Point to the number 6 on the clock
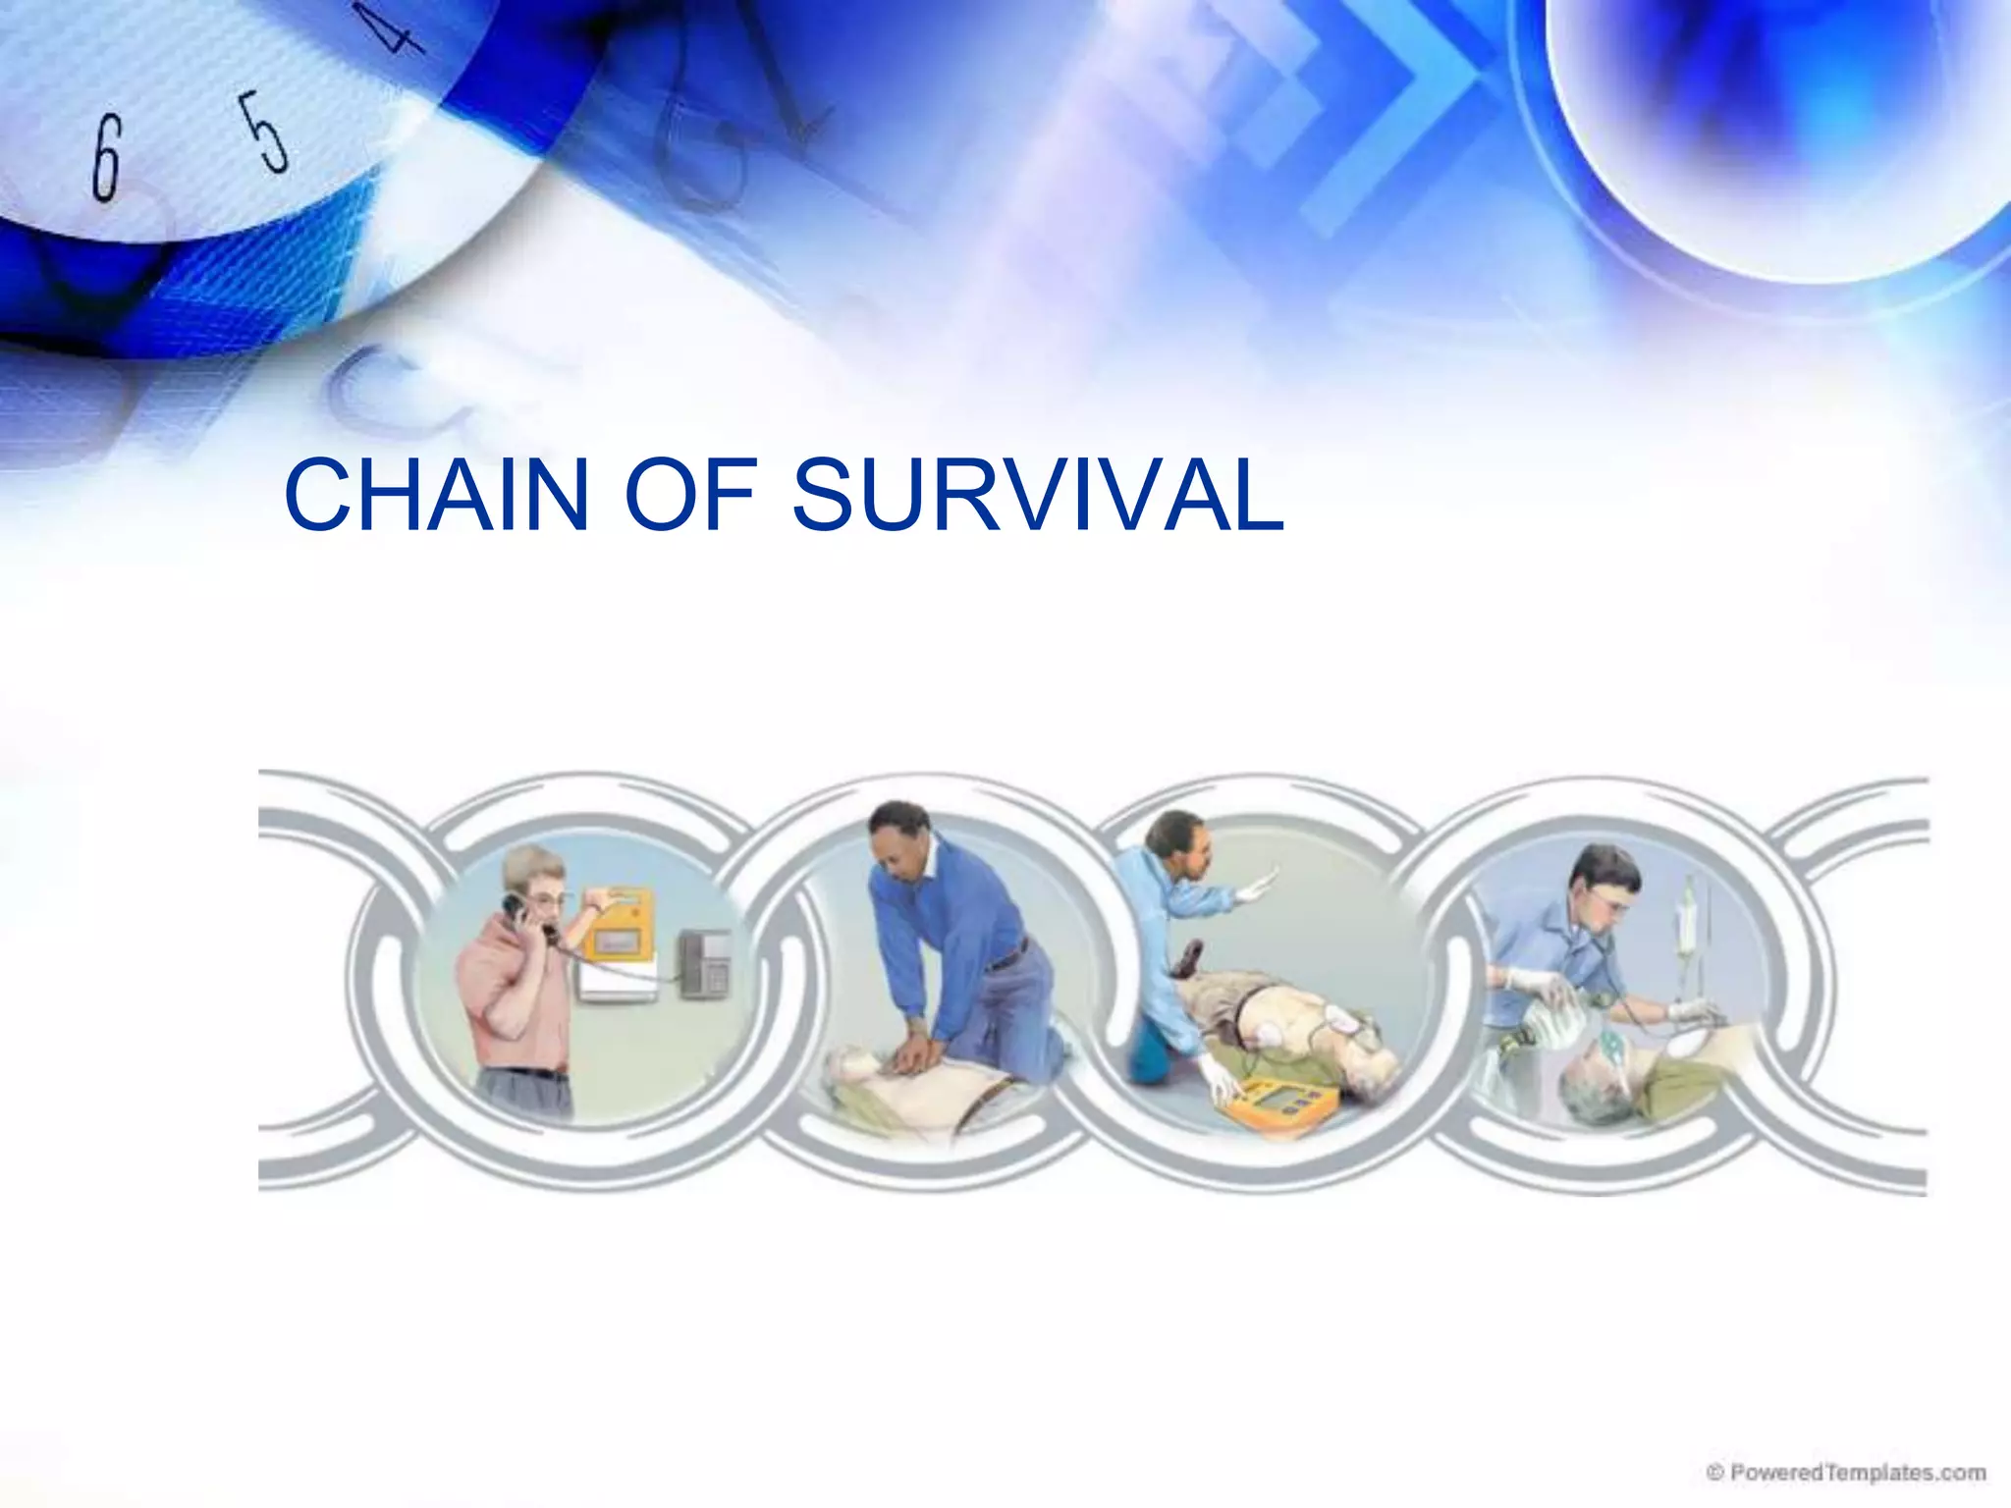107,157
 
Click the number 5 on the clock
266,132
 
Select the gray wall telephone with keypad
705,963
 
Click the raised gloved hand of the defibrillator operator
1259,887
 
